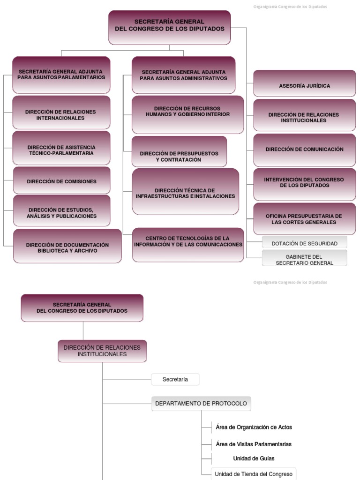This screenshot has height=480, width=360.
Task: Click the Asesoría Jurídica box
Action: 304,83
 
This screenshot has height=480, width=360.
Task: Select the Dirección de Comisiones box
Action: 61,180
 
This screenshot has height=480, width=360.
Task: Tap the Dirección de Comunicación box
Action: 304,150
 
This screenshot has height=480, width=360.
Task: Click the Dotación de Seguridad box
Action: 305,242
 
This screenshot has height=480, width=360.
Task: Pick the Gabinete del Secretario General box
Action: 305,258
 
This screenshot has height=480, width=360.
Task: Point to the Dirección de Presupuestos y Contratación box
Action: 180,151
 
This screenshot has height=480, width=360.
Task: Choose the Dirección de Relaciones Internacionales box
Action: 61,112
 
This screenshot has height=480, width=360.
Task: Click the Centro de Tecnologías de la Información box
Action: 188,245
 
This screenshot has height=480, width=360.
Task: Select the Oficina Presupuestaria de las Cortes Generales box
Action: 304,218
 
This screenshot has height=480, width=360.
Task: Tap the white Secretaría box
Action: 175,379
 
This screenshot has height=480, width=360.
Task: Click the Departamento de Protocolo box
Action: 201,404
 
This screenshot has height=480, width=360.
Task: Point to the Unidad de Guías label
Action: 254,458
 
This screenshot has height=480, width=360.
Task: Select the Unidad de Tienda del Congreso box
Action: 254,474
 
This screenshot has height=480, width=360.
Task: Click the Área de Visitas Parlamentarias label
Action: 254,444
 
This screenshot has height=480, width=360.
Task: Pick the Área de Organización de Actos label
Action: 254,427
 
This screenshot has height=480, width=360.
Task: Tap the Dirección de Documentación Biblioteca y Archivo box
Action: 67,246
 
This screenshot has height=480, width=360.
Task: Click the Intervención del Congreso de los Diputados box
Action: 304,184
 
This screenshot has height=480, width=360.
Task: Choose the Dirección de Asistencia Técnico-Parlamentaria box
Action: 61,148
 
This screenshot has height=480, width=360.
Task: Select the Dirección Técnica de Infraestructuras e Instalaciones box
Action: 186,192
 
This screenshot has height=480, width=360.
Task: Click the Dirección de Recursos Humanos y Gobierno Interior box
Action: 187,114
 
